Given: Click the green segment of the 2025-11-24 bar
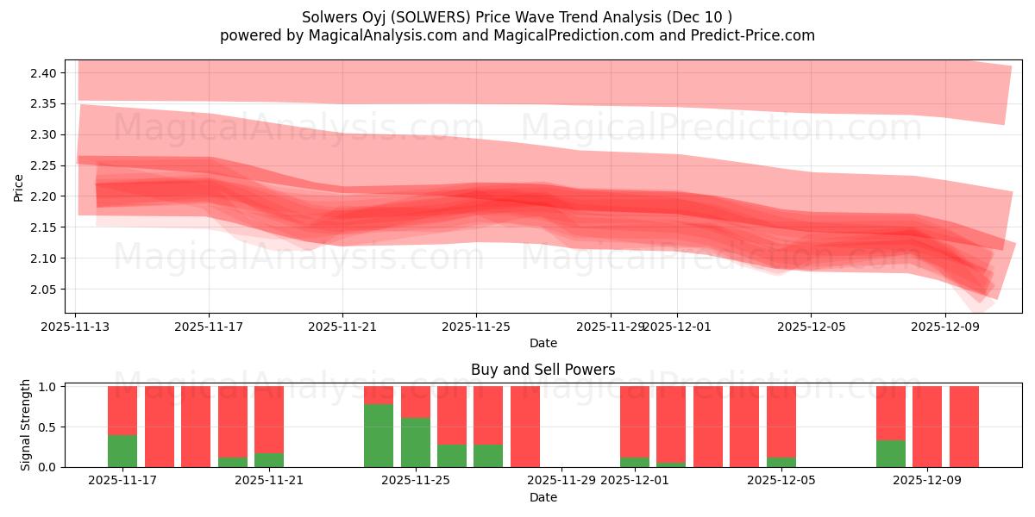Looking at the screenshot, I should [379, 435].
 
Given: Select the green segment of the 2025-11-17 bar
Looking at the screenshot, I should [122, 451].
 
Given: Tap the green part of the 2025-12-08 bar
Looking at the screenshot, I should [891, 453].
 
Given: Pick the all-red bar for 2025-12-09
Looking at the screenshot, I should [927, 427].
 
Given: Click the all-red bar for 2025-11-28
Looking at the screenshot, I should [525, 427].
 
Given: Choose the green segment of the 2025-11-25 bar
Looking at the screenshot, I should [416, 442].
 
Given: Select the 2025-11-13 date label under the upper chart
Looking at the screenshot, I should [76, 327].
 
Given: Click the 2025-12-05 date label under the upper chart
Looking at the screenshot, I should [810, 327].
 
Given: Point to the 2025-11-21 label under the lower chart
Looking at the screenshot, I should [269, 481].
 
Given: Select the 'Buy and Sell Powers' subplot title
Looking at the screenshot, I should [543, 370].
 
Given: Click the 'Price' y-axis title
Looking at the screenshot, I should [19, 187].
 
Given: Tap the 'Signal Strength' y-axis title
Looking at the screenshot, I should [26, 425].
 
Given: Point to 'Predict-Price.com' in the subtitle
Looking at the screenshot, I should [753, 35].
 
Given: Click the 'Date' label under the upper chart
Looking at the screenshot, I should [543, 343].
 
